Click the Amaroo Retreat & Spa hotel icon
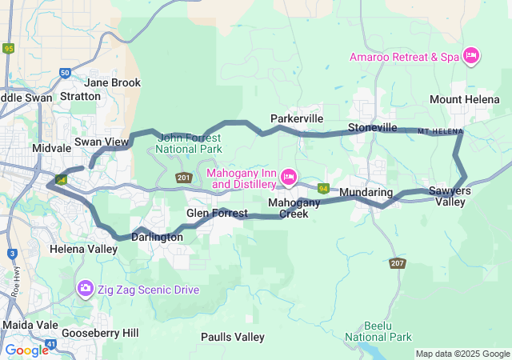click(x=471, y=55)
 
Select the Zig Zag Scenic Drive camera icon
click(x=85, y=288)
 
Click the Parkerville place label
click(x=296, y=118)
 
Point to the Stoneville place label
click(x=372, y=127)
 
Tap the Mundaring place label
click(x=366, y=193)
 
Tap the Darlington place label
click(x=157, y=238)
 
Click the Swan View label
click(x=102, y=142)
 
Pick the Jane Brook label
click(x=112, y=82)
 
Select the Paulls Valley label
click(x=232, y=337)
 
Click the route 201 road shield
click(x=183, y=178)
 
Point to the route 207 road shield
click(x=398, y=262)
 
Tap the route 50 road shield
click(x=65, y=73)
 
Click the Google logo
click(x=26, y=350)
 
